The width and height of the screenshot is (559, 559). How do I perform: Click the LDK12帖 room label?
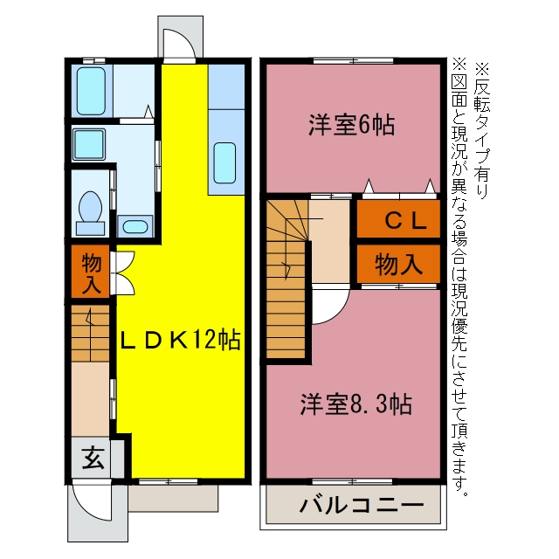(181, 340)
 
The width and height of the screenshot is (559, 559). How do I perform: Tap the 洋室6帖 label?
(351, 125)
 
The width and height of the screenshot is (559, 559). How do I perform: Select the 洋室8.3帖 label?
(355, 404)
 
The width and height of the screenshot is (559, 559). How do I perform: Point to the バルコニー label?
(362, 505)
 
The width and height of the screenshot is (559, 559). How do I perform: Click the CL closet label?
(405, 220)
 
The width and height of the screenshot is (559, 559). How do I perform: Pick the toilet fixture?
(91, 213)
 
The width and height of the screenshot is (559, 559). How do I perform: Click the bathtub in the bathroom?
(91, 91)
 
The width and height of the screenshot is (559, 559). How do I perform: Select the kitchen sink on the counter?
(225, 163)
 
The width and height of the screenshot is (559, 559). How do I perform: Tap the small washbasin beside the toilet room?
(135, 226)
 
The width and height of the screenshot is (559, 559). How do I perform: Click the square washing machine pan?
(89, 144)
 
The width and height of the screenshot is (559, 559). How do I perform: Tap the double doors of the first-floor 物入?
(122, 273)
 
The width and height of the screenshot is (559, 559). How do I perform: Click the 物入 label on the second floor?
(398, 265)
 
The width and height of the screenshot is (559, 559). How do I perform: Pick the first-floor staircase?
(90, 334)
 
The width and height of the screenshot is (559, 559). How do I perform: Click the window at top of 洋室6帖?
(353, 60)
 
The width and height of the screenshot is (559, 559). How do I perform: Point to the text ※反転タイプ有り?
(482, 131)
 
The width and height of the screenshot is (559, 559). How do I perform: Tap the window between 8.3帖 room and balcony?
(353, 482)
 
